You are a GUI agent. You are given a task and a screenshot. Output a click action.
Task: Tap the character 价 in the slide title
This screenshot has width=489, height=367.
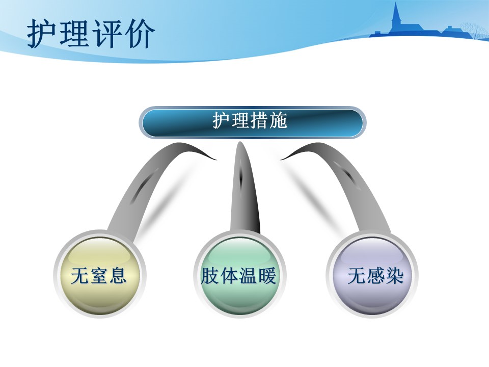pos(140,34)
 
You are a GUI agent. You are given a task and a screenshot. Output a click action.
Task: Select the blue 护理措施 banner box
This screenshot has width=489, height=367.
pos(252,122)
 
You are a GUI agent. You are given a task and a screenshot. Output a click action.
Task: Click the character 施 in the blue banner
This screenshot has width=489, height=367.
pos(278,120)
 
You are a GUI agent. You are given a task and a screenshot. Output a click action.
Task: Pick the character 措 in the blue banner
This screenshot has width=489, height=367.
pos(259,120)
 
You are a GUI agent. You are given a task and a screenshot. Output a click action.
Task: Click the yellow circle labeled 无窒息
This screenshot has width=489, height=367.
pos(99,275)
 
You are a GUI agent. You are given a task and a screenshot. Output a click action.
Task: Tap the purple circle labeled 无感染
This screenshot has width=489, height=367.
pos(372,275)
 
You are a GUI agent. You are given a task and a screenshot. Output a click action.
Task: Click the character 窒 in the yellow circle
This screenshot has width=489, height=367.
pos(99,276)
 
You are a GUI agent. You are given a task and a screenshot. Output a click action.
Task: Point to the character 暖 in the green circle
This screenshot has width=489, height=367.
pos(267,276)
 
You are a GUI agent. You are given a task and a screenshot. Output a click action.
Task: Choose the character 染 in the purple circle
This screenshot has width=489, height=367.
pos(395,276)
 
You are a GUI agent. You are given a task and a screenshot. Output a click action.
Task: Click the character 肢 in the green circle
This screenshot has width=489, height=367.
pos(209,276)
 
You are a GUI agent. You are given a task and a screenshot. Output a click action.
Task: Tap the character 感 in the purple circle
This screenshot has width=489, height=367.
pos(376,276)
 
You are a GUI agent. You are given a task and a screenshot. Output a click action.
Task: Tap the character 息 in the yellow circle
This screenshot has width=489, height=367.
pos(118,276)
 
